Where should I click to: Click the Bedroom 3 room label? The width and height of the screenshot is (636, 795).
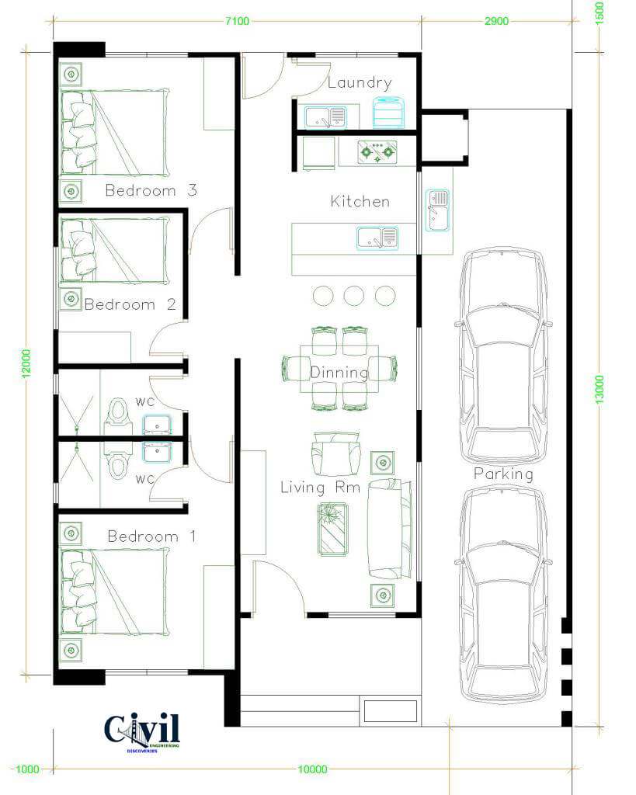(151, 191)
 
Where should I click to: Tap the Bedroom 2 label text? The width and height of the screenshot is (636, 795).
(130, 304)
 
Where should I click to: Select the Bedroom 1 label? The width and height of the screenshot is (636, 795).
(151, 536)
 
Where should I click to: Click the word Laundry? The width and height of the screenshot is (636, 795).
(360, 83)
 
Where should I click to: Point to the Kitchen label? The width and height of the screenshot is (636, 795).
(360, 201)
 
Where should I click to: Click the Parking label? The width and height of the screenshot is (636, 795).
(504, 474)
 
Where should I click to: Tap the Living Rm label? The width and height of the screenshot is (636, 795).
(321, 488)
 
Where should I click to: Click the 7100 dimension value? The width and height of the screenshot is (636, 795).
(238, 21)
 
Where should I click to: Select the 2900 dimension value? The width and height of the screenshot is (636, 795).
(496, 21)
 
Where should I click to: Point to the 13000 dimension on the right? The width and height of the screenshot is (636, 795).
(600, 390)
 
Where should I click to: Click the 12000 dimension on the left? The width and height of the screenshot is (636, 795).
(26, 363)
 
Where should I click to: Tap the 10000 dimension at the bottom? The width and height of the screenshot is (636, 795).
(312, 769)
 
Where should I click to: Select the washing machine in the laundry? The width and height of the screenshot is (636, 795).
(389, 112)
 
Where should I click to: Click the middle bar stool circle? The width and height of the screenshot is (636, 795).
(354, 296)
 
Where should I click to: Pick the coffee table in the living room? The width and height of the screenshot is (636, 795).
(332, 529)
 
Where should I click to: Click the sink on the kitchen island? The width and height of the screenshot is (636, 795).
(378, 238)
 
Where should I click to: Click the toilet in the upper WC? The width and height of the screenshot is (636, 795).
(118, 411)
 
